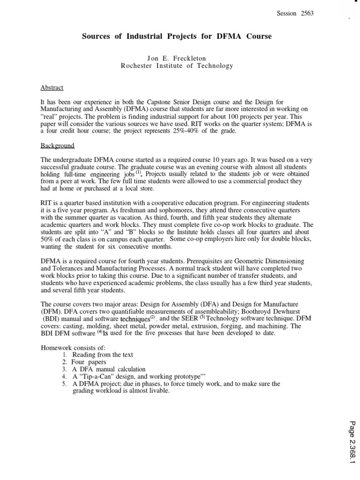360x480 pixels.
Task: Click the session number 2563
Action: pos(305,14)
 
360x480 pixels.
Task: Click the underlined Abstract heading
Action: pos(52,88)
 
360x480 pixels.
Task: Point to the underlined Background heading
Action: pos(58,146)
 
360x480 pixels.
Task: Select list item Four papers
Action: pos(89,362)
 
